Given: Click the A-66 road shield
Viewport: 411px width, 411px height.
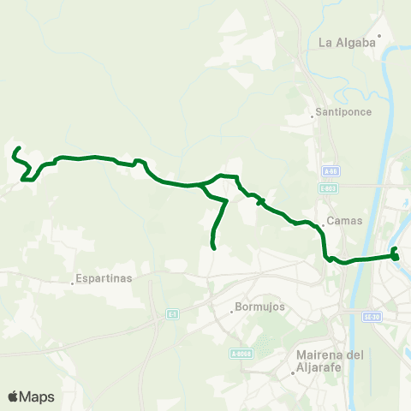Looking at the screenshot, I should click(331, 170).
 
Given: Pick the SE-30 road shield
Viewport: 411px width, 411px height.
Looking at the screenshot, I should click(371, 316).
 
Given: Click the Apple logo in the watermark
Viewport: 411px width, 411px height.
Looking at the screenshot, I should click(14, 396).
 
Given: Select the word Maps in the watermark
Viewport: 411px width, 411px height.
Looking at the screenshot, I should click(38, 396).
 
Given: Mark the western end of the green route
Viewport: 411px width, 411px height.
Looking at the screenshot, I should click(16, 149).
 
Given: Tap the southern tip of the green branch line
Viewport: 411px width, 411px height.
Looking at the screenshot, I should click(212, 248).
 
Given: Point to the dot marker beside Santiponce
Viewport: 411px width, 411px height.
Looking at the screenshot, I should click(313, 117).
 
